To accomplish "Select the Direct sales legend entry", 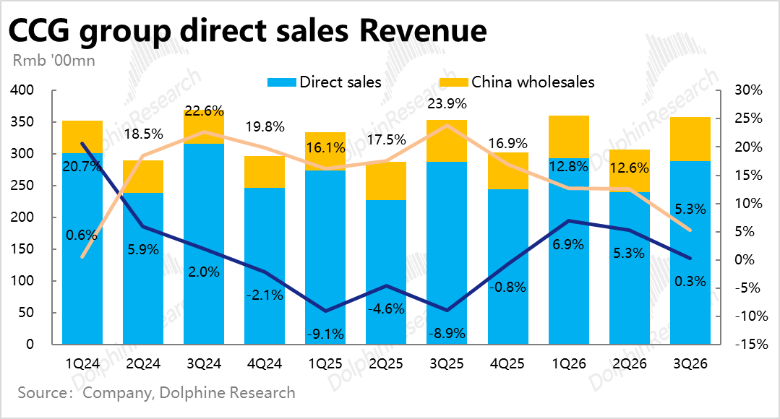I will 325,82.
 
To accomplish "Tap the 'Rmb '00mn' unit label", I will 54,61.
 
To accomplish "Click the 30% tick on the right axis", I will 749,90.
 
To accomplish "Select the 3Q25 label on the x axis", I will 447,363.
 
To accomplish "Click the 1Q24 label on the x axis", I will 82,363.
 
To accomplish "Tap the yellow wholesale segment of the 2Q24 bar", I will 143,176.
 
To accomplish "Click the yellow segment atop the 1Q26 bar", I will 568,137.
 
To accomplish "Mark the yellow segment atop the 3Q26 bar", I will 690,139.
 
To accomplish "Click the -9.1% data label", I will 325,334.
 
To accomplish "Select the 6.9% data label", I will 568,244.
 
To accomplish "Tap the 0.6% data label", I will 82,234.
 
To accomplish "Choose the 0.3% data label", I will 690,281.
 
